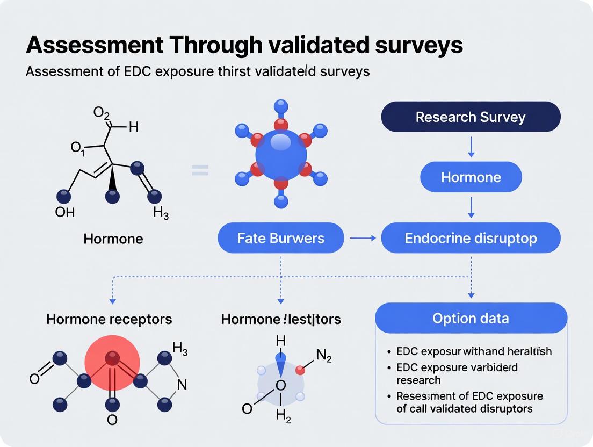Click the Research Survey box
pyautogui.click(x=471, y=117)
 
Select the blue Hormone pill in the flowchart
pyautogui.click(x=471, y=177)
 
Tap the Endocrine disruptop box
pyautogui.click(x=471, y=238)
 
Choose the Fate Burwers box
pyautogui.click(x=280, y=238)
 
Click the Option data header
pyautogui.click(x=471, y=318)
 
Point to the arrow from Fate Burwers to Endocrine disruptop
pyautogui.click(x=363, y=238)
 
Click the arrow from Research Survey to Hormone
pyautogui.click(x=471, y=146)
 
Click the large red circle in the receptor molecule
pyautogui.click(x=112, y=358)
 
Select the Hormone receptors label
pyautogui.click(x=109, y=319)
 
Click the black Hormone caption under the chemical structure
pyautogui.click(x=113, y=238)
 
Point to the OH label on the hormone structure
pyautogui.click(x=65, y=212)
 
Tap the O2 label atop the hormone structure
pyautogui.click(x=101, y=113)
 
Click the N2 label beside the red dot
pyautogui.click(x=324, y=355)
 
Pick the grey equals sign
pyautogui.click(x=200, y=171)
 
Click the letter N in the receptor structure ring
pyautogui.click(x=182, y=384)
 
